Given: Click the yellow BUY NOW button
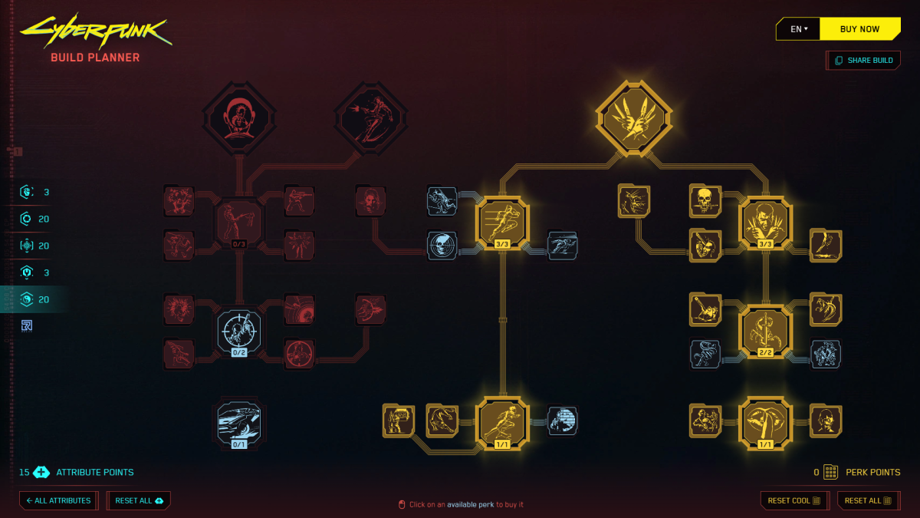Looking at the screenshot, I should (859, 29).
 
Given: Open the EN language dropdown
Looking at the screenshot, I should (799, 29).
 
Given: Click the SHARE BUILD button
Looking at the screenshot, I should (864, 61).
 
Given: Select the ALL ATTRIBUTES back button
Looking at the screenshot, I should (58, 500).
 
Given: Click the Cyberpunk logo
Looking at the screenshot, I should (96, 31).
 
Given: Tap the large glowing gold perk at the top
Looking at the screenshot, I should (634, 119).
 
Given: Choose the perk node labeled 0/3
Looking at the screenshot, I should (239, 223).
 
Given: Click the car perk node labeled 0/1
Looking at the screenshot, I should (239, 423).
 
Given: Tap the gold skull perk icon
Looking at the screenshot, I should (704, 200).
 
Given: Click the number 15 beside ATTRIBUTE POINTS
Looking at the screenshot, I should (24, 472).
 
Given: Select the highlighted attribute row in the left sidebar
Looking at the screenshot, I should (34, 299).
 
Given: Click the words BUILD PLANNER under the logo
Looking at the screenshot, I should (95, 58).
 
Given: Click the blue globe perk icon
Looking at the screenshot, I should (562, 421).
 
